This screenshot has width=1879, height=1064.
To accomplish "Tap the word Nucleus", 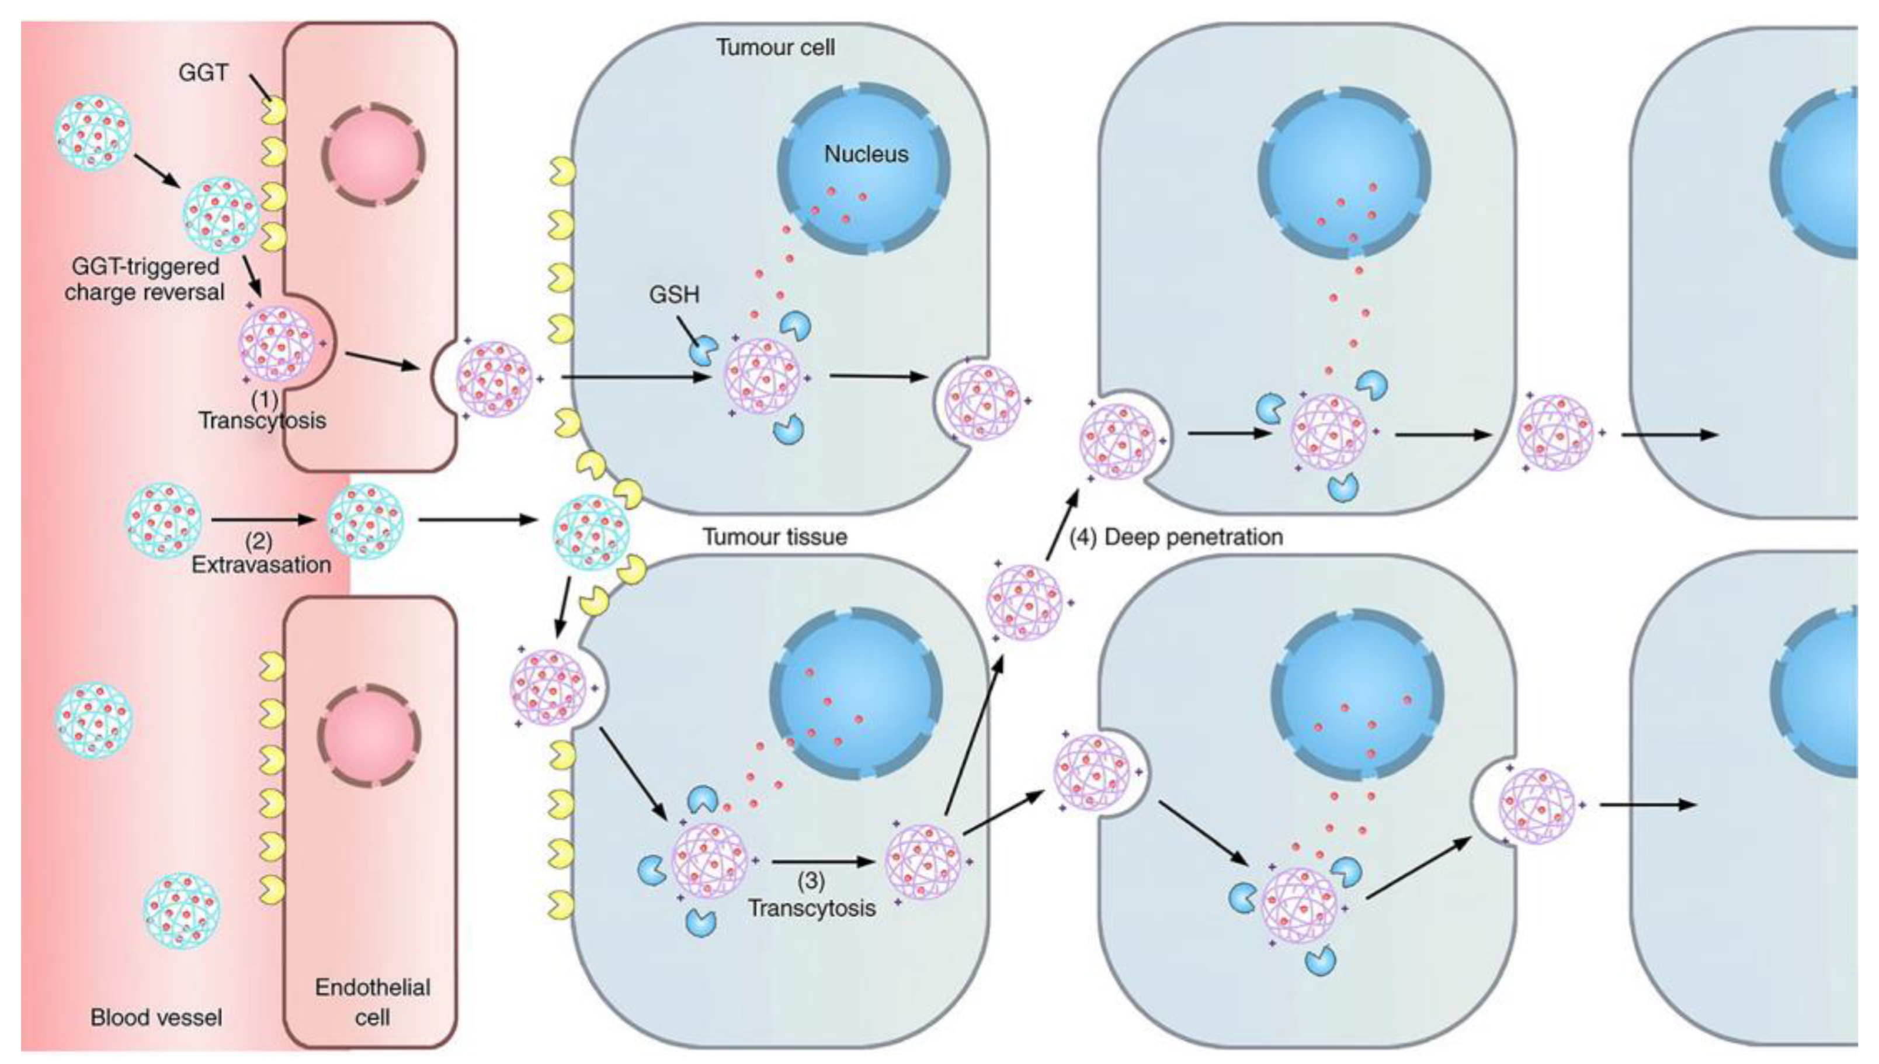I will pos(866,154).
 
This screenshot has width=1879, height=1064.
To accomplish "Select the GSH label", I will pos(673,294).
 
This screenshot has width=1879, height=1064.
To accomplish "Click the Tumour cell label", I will pos(775,47).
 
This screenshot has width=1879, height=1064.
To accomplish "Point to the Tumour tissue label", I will pos(775,537).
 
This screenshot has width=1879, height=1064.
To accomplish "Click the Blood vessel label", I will pos(157,1017).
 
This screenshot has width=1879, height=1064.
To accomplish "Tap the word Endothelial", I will pos(373,987).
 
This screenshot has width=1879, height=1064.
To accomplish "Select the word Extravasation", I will pos(261,564).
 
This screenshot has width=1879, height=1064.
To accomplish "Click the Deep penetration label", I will pos(1193,537).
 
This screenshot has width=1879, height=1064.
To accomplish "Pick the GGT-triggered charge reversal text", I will pos(145,279).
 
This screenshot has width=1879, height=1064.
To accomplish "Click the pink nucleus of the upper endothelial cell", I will pos(373,154).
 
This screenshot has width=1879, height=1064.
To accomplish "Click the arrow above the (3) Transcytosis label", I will pos(822,862).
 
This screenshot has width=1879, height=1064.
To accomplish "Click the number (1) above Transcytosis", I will pos(265,399).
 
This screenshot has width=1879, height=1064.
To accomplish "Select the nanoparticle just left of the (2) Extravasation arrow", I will pos(163,519).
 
